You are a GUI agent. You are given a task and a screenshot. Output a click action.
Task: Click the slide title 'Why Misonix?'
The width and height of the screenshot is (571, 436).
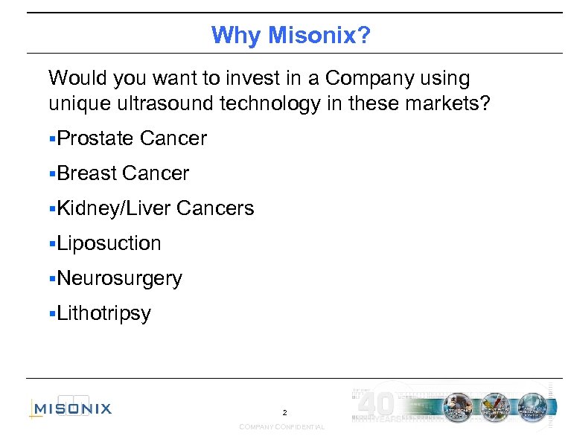pyautogui.click(x=290, y=35)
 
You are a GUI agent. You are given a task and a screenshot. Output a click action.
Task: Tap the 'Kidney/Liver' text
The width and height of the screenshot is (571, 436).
pyautogui.click(x=114, y=209)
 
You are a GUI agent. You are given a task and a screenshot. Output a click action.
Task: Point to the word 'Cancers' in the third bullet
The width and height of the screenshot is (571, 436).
pyautogui.click(x=216, y=209)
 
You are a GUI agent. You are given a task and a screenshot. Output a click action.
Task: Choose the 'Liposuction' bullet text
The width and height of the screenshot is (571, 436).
pyautogui.click(x=109, y=243)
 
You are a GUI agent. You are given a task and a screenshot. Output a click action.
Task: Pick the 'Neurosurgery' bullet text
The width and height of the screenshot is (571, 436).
pyautogui.click(x=119, y=279)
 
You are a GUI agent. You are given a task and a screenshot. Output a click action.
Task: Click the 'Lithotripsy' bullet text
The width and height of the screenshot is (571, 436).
pyautogui.click(x=103, y=314)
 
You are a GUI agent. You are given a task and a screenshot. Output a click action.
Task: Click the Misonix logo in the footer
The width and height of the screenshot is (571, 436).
pyautogui.click(x=71, y=407)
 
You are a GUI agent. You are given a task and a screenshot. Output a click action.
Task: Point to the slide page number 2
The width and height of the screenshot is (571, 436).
pyautogui.click(x=284, y=412)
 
